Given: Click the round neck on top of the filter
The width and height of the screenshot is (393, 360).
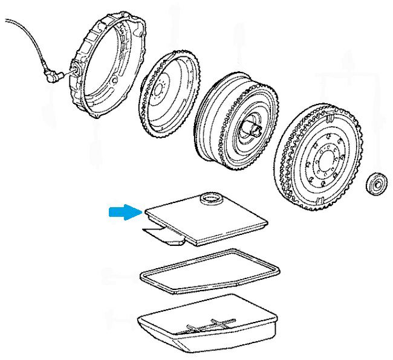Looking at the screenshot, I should point(210,198).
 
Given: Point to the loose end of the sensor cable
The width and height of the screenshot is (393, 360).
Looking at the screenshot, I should point(7,21).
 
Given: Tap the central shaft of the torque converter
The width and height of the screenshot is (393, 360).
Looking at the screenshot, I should point(251,127).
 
